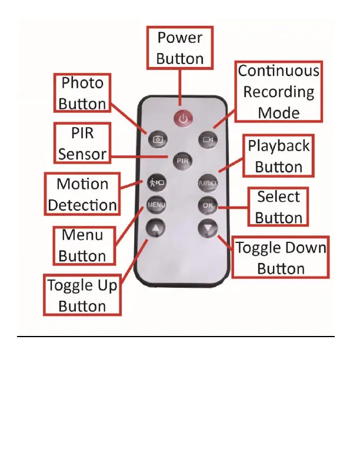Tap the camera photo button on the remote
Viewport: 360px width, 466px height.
157,139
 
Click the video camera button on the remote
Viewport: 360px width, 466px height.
208,139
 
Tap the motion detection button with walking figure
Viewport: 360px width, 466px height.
156,182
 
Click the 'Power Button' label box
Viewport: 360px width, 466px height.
180,48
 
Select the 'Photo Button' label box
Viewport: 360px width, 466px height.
82,93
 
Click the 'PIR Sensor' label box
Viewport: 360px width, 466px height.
82,144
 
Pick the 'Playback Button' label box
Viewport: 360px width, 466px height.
279,155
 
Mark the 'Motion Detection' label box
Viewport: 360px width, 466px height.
82,194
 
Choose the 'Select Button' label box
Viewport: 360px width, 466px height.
279,207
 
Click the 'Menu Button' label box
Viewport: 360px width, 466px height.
82,245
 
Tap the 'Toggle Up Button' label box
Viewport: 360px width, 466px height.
82,295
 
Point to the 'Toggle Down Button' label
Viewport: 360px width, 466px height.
281,258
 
